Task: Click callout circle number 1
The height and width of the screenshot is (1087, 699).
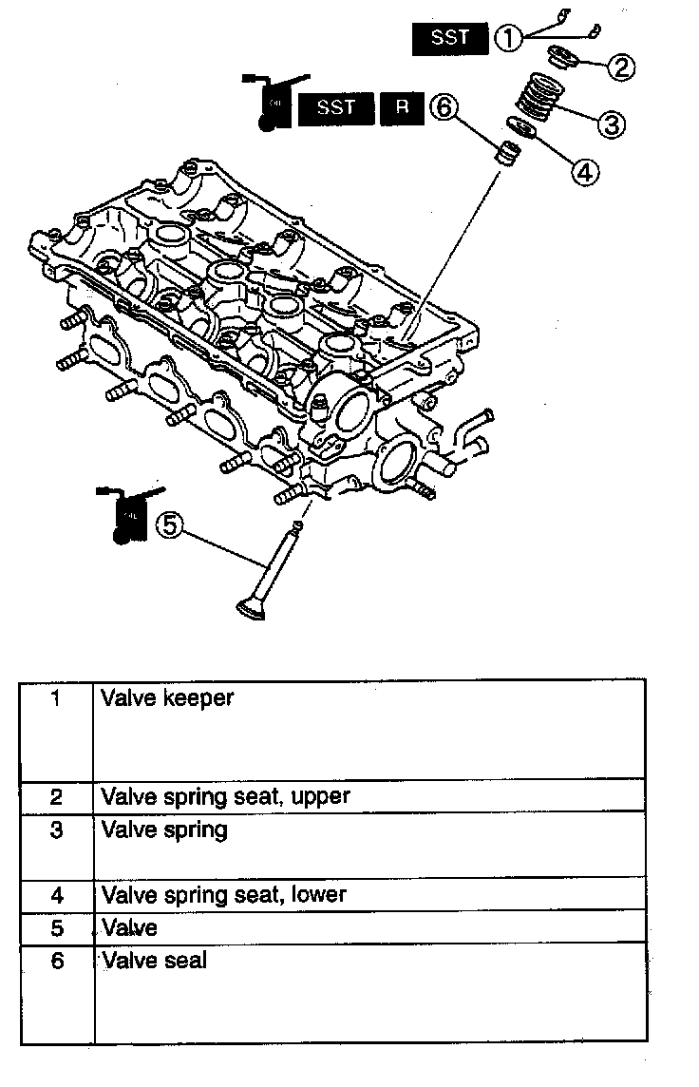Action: (509, 38)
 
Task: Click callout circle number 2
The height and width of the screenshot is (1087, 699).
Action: (621, 67)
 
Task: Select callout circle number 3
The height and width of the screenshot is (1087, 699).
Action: (611, 123)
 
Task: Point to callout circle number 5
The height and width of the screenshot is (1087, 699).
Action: (167, 525)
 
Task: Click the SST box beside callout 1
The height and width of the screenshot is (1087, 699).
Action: (450, 38)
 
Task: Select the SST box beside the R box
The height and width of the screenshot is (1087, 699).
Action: (335, 109)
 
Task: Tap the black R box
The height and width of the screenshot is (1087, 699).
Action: (402, 109)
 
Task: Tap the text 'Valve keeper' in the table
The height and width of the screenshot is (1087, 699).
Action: (167, 698)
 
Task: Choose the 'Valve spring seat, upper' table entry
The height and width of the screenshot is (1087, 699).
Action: (226, 796)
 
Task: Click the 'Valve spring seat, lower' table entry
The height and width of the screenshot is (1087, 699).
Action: (224, 894)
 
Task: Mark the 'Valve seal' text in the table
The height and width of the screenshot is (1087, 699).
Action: (154, 961)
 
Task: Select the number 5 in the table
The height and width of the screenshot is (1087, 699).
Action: (57, 926)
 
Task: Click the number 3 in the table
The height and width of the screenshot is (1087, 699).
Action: (57, 830)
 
